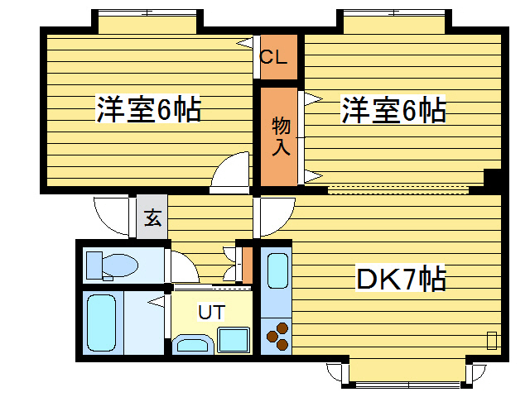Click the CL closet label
click(273, 58)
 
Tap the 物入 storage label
click(282, 136)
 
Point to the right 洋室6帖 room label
click(394, 109)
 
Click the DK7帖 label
click(402, 279)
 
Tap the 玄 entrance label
click(152, 218)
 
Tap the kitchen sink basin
click(277, 271)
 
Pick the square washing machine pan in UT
click(234, 340)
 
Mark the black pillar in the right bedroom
click(493, 178)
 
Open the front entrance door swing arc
click(112, 215)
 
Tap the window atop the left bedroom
click(147, 20)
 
